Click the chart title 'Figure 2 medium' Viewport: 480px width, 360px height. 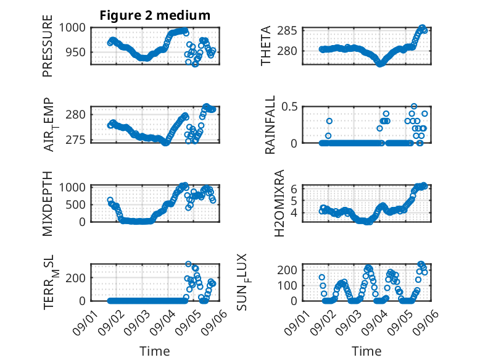tap(155, 15)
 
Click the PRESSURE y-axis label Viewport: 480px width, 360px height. tap(48, 46)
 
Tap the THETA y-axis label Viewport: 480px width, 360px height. tap(266, 46)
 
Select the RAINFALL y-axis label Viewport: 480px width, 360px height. tap(270, 125)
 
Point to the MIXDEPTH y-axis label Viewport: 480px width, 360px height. tap(48, 204)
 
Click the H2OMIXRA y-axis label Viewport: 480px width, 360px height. tap(279, 203)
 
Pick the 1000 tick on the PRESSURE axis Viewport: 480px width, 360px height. tap(72, 28)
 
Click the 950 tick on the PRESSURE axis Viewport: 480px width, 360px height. tap(76, 52)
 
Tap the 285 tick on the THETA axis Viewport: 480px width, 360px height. tap(287, 31)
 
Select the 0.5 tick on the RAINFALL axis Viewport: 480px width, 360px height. tap(289, 107)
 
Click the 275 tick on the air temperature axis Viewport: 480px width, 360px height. tap(76, 140)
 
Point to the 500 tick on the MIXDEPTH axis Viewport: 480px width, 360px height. tap(76, 204)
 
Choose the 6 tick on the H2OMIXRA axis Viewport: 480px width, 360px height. tap(294, 189)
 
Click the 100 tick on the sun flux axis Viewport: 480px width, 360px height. tap(287, 285)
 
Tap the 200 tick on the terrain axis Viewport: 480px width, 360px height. tap(76, 278)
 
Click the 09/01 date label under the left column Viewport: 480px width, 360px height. tap(86, 322)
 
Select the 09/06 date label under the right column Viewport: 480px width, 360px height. tap(425, 322)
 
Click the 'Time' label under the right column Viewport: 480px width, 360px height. tap(366, 351)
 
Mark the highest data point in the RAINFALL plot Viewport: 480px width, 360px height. tap(414, 106)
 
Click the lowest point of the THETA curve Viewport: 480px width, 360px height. tap(379, 64)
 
